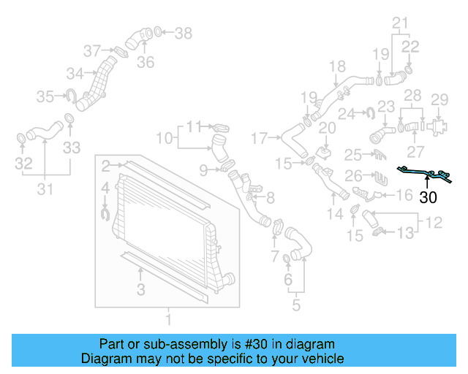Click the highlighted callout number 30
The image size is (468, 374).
tap(429, 196)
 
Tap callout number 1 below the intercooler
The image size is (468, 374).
tap(168, 319)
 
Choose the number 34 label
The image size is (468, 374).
tap(75, 73)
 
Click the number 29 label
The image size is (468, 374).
tap(439, 99)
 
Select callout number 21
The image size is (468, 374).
tap(399, 25)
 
